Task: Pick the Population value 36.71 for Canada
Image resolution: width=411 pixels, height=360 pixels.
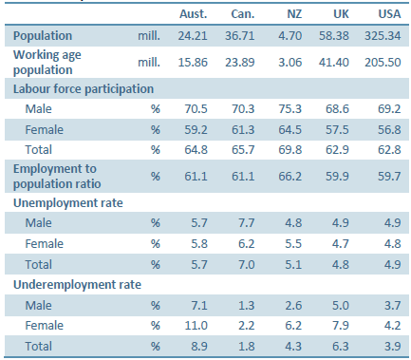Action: point(244,35)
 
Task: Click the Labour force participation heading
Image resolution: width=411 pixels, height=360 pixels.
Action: point(84,88)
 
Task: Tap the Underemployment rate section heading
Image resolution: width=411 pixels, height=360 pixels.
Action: point(69,284)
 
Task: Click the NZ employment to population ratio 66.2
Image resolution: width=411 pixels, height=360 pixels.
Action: point(294,173)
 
